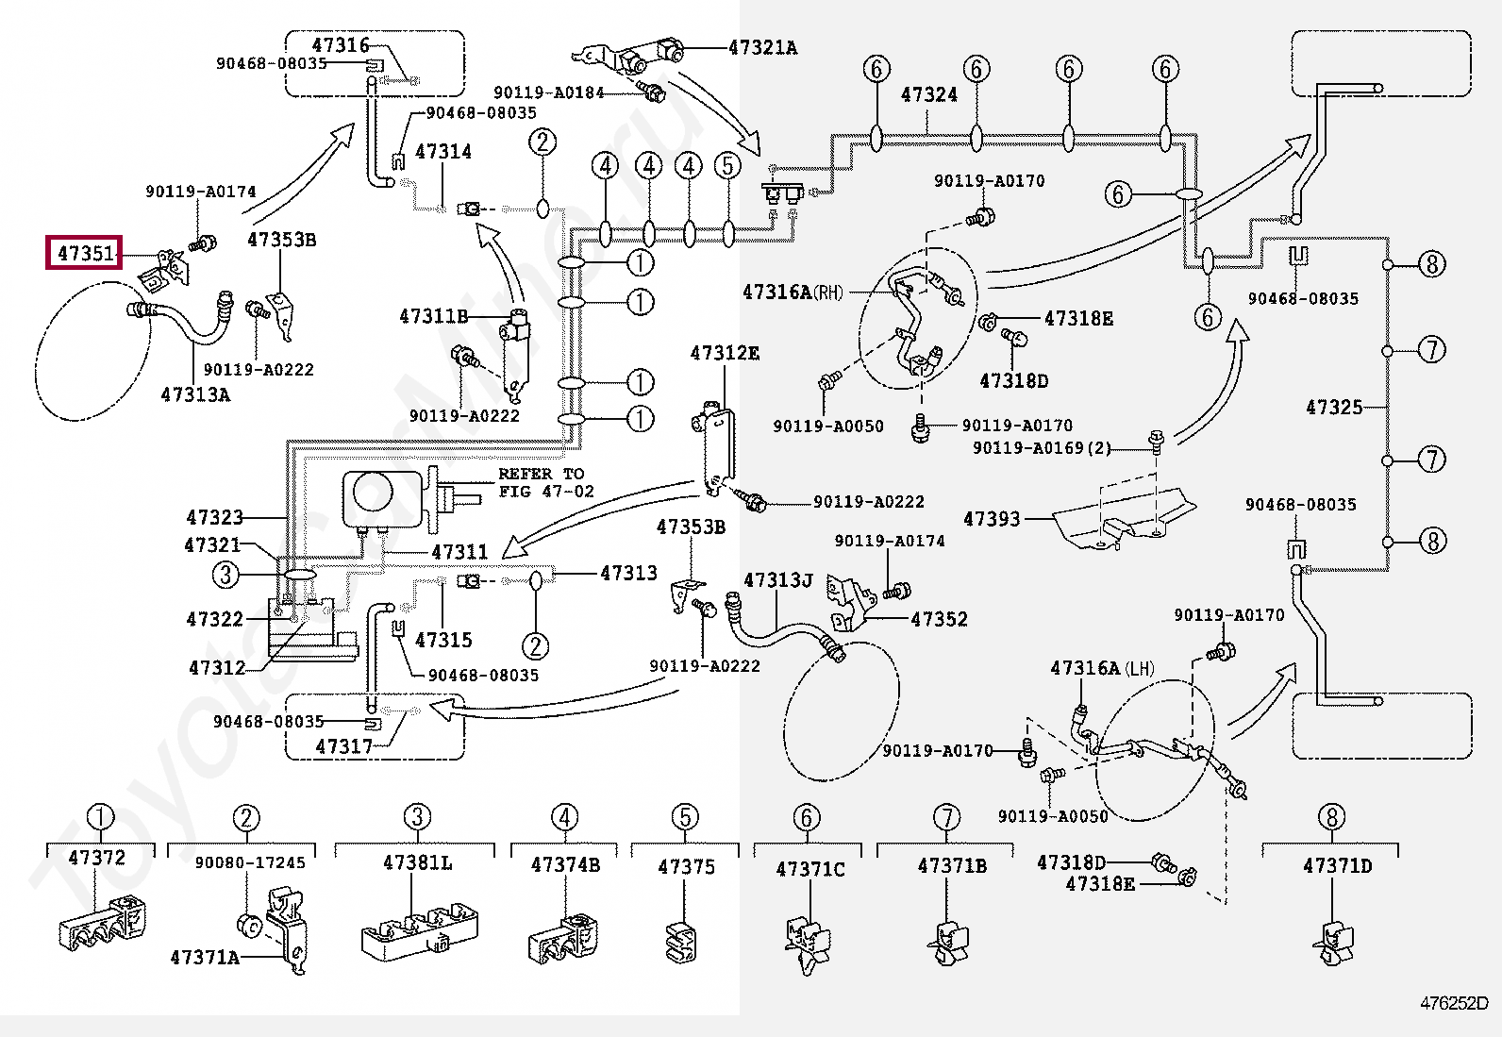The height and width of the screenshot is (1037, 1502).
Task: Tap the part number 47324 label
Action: [x=928, y=94]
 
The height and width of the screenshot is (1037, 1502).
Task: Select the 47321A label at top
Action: [x=763, y=47]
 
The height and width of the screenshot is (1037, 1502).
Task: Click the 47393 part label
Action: [x=992, y=519]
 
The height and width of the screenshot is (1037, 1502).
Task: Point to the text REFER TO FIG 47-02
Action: [x=546, y=482]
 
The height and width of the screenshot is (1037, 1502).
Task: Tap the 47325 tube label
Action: [x=1334, y=407]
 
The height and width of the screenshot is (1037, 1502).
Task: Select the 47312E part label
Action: [x=725, y=353]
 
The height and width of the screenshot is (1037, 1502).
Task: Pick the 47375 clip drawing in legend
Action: [x=682, y=943]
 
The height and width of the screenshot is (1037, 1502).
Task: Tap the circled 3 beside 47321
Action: [x=226, y=575]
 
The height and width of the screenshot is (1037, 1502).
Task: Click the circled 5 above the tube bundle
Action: [x=728, y=166]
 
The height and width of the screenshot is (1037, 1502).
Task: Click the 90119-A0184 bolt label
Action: [x=549, y=92]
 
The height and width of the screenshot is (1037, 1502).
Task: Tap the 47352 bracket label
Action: [x=939, y=618]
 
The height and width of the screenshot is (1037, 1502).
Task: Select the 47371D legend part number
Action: [x=1337, y=866]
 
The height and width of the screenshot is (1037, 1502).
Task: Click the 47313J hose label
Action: [x=777, y=579]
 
